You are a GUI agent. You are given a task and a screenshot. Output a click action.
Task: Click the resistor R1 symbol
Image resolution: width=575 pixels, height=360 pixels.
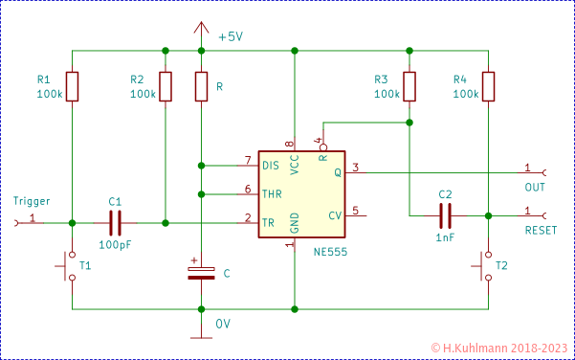[72, 85]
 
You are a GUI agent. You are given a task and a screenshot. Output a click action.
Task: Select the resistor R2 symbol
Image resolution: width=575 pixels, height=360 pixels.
[166, 86]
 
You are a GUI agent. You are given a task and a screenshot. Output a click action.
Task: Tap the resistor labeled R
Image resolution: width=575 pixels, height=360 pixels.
[201, 86]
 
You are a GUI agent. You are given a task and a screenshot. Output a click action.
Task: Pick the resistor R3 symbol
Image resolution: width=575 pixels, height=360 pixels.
[409, 86]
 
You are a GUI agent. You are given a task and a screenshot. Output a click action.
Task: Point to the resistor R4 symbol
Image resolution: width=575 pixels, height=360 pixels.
[488, 86]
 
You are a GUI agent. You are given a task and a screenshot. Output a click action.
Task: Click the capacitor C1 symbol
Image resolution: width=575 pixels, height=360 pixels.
[116, 223]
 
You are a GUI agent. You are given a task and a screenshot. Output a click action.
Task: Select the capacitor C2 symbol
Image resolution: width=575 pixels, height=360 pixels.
[445, 215]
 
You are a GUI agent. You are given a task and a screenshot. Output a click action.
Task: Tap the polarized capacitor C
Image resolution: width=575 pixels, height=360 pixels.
[201, 272]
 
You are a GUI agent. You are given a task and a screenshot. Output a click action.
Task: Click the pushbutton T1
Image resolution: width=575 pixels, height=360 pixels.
[71, 267]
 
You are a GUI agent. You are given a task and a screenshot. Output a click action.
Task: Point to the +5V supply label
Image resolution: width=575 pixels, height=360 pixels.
[231, 36]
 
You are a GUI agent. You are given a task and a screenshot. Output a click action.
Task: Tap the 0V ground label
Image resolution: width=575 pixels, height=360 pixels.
[223, 323]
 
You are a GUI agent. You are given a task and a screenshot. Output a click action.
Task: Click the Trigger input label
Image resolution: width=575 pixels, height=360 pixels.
[31, 202]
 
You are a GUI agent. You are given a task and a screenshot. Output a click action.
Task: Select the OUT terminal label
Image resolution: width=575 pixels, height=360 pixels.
[535, 187]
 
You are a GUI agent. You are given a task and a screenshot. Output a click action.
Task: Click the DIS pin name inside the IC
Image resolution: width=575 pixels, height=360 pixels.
[271, 166]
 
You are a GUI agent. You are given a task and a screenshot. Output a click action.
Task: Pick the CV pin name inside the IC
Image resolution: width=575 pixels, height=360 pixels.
[335, 214]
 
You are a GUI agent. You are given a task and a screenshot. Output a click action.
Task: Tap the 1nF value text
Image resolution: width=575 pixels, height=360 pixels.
[445, 236]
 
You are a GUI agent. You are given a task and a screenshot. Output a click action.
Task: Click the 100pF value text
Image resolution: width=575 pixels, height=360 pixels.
[116, 245]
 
